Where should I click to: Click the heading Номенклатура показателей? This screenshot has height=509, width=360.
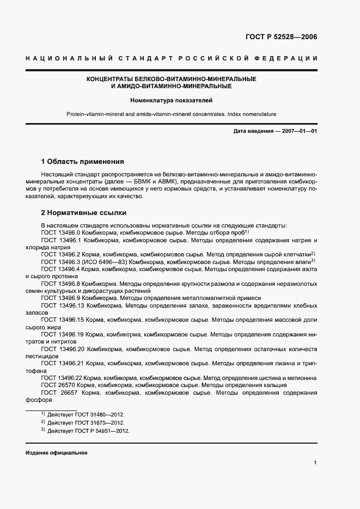pyautogui.click(x=171, y=100)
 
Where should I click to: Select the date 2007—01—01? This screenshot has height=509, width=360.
pyautogui.click(x=295, y=131)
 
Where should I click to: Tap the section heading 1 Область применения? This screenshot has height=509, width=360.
pyautogui.click(x=83, y=162)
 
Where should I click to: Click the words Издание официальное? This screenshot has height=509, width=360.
pyautogui.click(x=56, y=453)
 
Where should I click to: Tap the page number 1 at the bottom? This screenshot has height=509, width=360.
pyautogui.click(x=315, y=463)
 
